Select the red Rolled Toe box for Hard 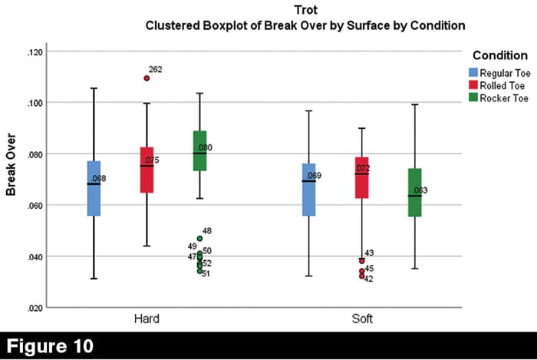pos(147,170)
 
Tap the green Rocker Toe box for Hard pos(199,150)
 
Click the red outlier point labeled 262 pos(147,78)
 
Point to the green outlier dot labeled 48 pos(199,238)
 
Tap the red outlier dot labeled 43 pos(361,260)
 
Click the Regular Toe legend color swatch pos(474,71)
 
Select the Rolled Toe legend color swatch pos(474,84)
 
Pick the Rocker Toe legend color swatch pos(474,97)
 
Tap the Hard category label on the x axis pos(147,317)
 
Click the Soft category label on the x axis pos(361,317)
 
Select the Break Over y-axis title pos(12,180)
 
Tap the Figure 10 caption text pos(52,345)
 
